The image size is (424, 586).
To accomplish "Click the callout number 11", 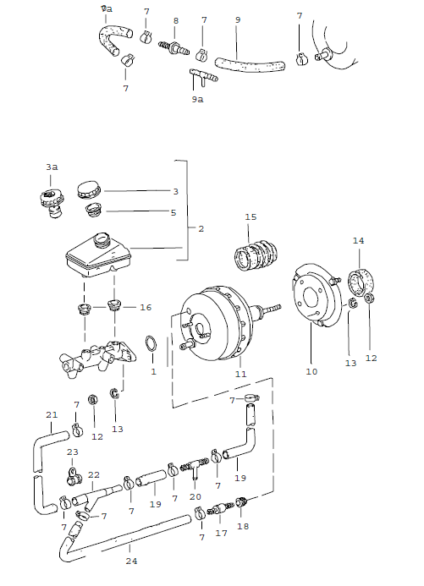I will [240, 374].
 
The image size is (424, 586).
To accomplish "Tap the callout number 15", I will [250, 217].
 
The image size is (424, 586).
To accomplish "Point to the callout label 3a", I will [52, 167].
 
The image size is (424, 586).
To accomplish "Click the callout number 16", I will [146, 307].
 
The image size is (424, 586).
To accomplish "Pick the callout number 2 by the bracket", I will [201, 228].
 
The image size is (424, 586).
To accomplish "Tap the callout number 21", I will [52, 414].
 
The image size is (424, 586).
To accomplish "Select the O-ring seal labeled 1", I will [151, 344].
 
